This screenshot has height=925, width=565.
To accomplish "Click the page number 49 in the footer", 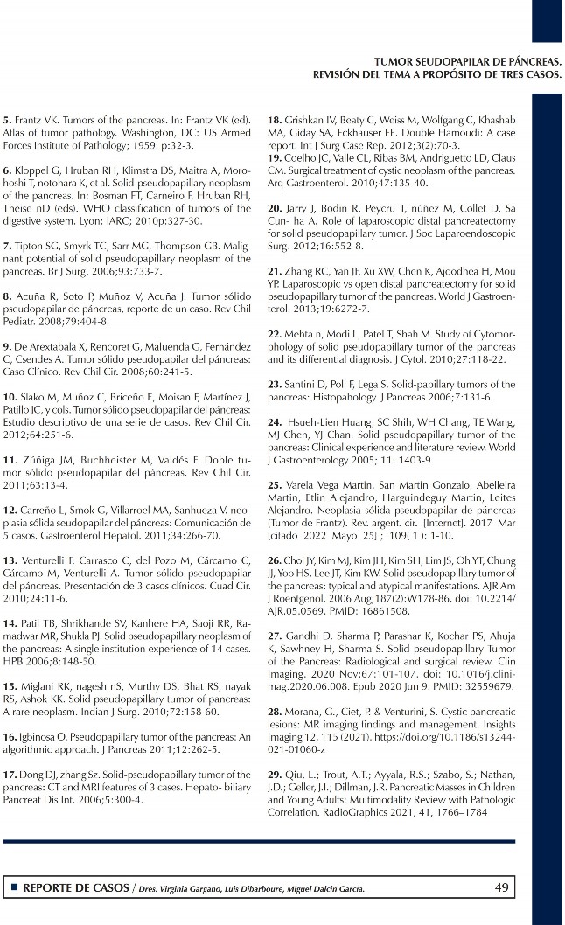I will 501,888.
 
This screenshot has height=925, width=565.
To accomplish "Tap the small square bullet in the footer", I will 15,888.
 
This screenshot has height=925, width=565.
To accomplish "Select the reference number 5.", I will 7,120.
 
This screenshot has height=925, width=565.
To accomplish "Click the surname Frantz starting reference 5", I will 32,120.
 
